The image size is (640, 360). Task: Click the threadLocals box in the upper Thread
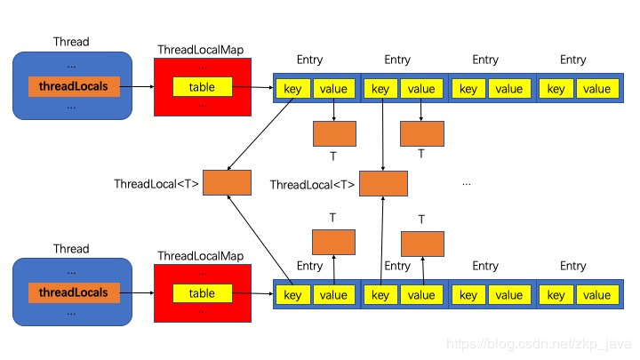(73, 87)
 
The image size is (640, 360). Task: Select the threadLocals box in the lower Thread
(73, 292)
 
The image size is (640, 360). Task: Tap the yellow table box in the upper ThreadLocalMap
(202, 87)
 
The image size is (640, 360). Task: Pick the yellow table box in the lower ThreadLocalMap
(202, 293)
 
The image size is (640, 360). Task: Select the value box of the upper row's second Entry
(421, 89)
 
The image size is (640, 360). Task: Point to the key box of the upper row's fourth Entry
(556, 89)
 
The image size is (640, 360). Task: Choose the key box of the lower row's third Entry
(468, 295)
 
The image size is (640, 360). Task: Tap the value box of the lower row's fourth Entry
(596, 295)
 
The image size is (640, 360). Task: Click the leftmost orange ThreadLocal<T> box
(226, 183)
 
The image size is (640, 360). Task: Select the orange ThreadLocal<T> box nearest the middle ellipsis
(383, 184)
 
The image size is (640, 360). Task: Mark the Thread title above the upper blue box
(71, 42)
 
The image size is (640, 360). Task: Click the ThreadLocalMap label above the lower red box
(200, 256)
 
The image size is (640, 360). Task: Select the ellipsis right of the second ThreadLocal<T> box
(466, 184)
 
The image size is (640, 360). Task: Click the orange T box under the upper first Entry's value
(334, 133)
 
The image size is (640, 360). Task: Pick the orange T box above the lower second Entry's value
(422, 243)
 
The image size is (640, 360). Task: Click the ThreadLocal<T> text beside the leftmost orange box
(156, 185)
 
